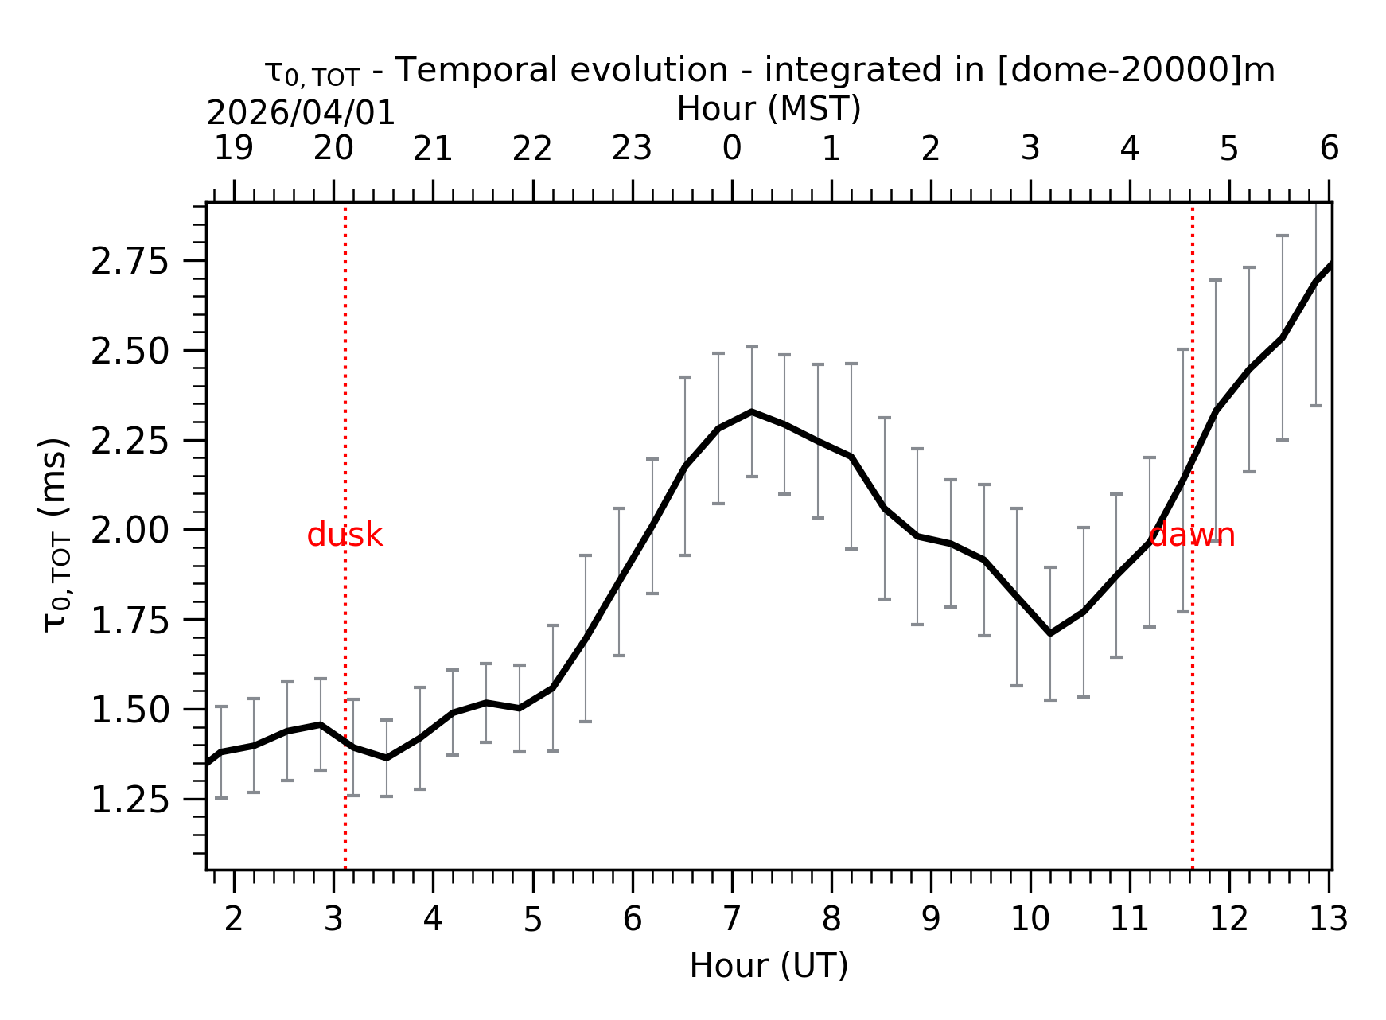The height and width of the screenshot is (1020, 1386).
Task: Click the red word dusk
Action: [345, 535]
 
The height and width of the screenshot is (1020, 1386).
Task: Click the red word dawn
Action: [1192, 535]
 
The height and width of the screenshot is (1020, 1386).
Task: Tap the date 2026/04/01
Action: [301, 114]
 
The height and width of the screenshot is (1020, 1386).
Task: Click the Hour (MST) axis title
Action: [769, 109]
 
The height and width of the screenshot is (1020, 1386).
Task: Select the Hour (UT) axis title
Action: [769, 966]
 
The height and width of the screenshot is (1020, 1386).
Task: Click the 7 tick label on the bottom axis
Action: [731, 920]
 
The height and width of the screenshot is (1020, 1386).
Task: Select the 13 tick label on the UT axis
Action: [1328, 920]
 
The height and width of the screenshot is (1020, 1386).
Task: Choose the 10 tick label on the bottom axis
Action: [1030, 920]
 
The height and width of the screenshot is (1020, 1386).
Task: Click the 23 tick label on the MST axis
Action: [632, 149]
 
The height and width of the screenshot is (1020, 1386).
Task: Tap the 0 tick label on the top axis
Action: [731, 149]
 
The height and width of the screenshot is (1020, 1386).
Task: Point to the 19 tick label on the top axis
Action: [234, 149]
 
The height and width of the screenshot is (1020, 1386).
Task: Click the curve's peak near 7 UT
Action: [752, 411]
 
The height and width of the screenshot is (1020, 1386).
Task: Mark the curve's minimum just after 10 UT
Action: [1050, 633]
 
